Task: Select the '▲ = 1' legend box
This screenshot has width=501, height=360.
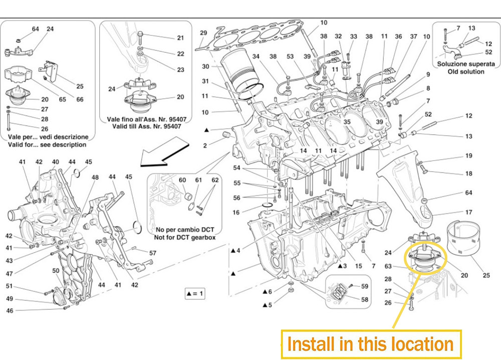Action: click(x=193, y=294)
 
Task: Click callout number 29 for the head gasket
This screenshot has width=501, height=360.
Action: click(x=203, y=33)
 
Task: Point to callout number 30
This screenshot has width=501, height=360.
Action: click(x=205, y=66)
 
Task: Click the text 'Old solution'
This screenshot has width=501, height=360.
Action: click(x=465, y=72)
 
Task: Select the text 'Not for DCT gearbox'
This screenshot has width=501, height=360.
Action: click(x=185, y=237)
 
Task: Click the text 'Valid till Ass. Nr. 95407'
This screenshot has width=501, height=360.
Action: click(x=144, y=128)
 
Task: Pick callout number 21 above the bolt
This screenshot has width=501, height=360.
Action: click(x=180, y=38)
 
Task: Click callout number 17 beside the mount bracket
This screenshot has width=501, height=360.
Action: click(x=468, y=213)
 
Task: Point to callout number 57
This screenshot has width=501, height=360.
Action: click(x=152, y=253)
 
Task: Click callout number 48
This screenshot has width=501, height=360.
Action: click(x=95, y=177)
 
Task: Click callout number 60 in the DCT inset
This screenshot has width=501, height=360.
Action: click(x=182, y=180)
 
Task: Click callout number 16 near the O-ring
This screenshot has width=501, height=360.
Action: click(x=236, y=213)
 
